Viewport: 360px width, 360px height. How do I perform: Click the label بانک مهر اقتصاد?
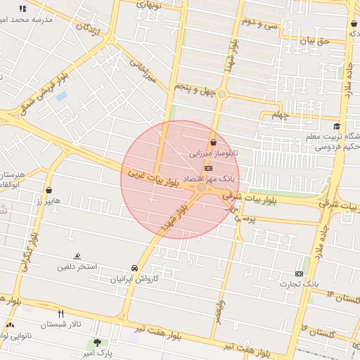[x=208, y=179]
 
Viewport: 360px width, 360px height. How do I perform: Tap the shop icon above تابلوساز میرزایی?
[x=213, y=143]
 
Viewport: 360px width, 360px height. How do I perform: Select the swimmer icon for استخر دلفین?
[x=77, y=257]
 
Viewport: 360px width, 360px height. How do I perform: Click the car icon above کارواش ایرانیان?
[x=134, y=269]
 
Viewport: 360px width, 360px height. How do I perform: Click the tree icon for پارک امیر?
[x=96, y=342]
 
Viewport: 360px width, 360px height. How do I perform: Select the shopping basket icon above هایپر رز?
[x=49, y=190]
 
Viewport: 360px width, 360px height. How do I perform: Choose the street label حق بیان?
[x=314, y=41]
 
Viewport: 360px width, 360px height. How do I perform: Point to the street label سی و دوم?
[x=261, y=22]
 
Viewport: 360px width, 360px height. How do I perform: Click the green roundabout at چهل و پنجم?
[x=221, y=94]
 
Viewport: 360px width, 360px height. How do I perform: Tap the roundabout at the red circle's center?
[x=202, y=187]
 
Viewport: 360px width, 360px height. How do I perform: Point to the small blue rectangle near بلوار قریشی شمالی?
[x=61, y=95]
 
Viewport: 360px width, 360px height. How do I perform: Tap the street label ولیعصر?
[x=221, y=309]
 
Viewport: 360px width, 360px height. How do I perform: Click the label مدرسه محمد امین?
[x=48, y=20]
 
